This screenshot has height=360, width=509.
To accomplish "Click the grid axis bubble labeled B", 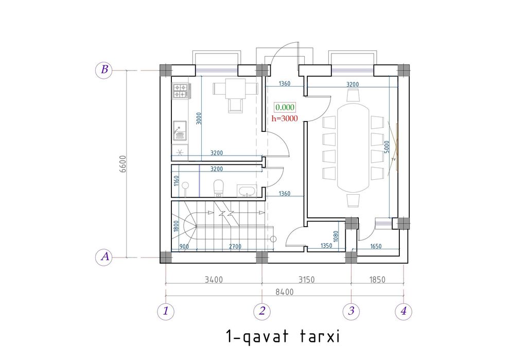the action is (104, 70).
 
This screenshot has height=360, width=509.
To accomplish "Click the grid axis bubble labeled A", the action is (104, 257).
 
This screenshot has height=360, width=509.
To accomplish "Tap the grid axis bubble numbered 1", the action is (166, 311).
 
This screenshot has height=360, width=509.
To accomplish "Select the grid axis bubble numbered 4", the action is (403, 311).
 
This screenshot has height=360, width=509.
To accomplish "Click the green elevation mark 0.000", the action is (285, 107).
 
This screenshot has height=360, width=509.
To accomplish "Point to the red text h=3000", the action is (285, 118).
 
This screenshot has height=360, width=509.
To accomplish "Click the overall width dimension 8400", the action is (285, 292).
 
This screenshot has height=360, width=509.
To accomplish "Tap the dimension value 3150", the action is (306, 280).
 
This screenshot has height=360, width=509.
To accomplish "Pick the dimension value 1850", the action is (377, 280).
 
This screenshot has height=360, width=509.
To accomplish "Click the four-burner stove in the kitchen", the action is (181, 91).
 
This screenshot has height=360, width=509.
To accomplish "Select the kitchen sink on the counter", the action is (180, 131).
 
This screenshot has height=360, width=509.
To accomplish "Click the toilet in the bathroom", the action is (219, 188).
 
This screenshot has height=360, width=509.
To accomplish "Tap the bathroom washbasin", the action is (247, 191).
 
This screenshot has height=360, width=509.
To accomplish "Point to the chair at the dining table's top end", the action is (353, 95).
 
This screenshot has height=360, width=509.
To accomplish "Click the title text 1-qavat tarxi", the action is (283, 336).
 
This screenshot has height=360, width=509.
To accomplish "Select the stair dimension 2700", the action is (235, 246).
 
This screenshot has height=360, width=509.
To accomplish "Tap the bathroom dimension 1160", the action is (176, 181).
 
